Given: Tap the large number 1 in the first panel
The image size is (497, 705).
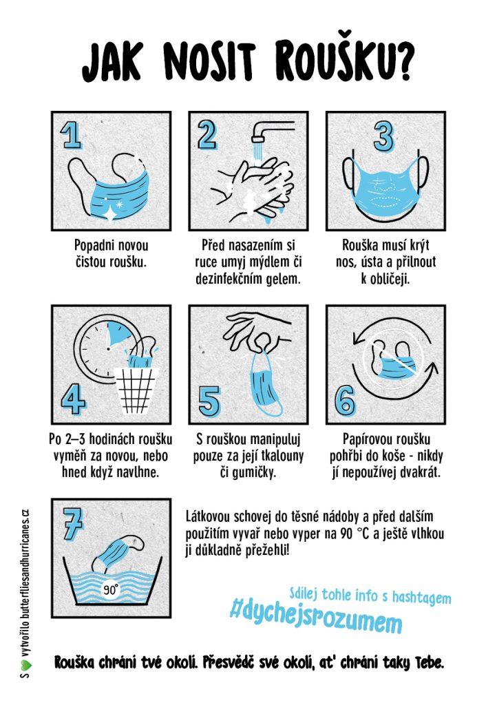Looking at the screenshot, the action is coord(70,135).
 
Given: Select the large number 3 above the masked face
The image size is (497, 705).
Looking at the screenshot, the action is coord(383,137).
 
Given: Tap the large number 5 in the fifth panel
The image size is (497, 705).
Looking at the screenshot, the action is coord(209,401).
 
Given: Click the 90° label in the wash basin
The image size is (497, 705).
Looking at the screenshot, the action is coord(111,589).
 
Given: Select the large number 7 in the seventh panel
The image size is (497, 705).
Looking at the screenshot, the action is coord(72,524).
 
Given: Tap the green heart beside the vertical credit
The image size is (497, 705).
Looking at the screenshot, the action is coord(25,663).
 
